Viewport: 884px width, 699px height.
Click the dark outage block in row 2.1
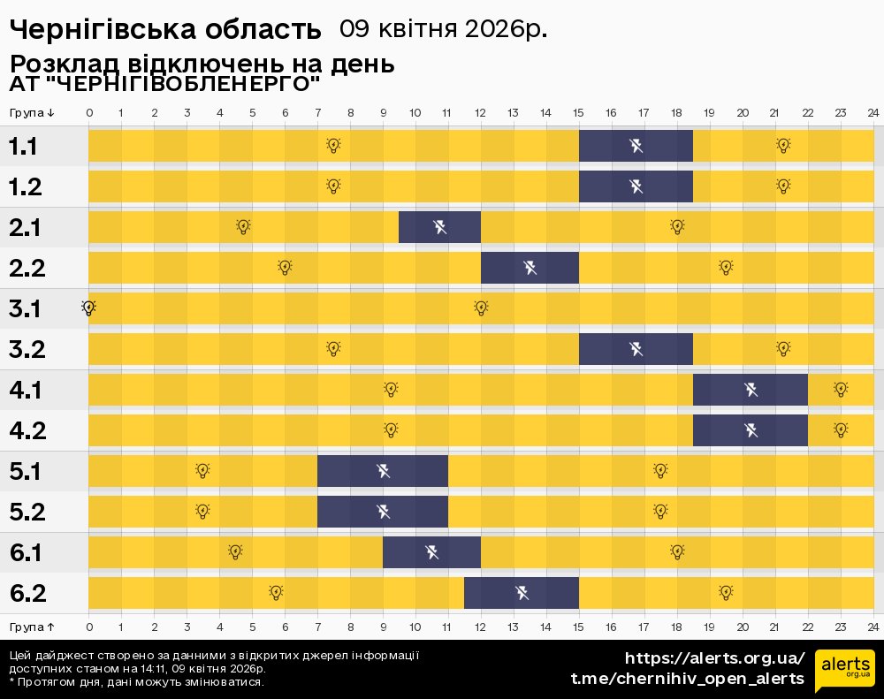pyautogui.click(x=439, y=227)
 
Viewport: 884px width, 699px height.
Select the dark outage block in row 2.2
pyautogui.click(x=530, y=268)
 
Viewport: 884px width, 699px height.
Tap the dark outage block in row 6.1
pyautogui.click(x=431, y=552)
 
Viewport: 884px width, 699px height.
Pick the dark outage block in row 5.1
pyautogui.click(x=383, y=471)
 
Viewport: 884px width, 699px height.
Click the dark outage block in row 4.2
pyautogui.click(x=751, y=430)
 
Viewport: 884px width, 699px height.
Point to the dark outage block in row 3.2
pyautogui.click(x=636, y=349)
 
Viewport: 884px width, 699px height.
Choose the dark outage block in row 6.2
pyautogui.click(x=522, y=593)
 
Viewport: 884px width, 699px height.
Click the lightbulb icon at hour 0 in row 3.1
pyautogui.click(x=88, y=308)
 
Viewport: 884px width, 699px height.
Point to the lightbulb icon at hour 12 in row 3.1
pyautogui.click(x=481, y=308)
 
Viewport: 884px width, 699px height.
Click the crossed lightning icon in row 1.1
pyautogui.click(x=636, y=146)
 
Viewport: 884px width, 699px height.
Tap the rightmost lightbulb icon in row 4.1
pyautogui.click(x=841, y=389)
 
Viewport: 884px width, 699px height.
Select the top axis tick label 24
pyautogui.click(x=873, y=112)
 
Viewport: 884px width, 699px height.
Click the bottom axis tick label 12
pyautogui.click(x=480, y=627)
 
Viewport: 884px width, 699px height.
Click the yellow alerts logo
pyautogui.click(x=844, y=669)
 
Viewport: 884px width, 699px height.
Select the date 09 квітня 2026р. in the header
pyautogui.click(x=443, y=29)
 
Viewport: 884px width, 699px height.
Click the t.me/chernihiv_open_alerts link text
pyautogui.click(x=688, y=679)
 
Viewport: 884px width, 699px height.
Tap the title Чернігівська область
pyautogui.click(x=165, y=29)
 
